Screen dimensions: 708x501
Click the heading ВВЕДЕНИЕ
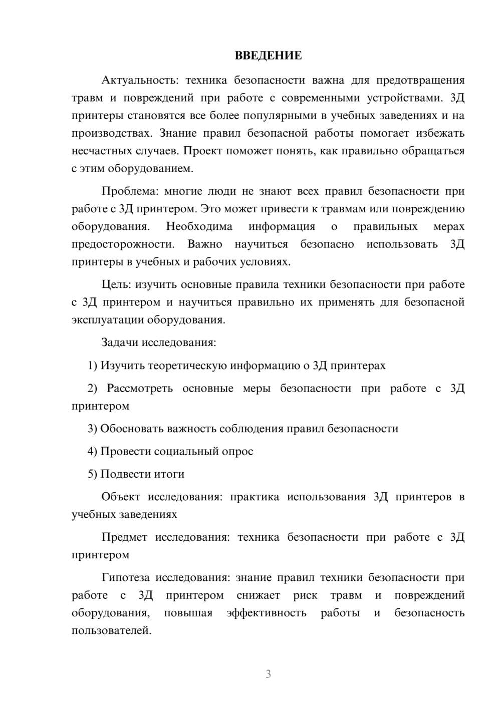[x=268, y=56]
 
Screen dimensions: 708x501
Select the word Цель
[x=116, y=284]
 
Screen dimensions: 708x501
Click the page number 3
[x=268, y=674]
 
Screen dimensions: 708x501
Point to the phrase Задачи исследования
[x=158, y=342]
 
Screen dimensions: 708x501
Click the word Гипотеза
[x=125, y=577]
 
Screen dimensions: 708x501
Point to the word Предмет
[x=124, y=537]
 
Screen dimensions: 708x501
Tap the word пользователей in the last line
[x=111, y=630]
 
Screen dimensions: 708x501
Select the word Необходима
[x=199, y=226]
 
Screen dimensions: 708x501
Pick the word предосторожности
[x=123, y=244]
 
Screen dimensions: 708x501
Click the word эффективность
[x=266, y=613]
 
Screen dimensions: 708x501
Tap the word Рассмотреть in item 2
[x=140, y=389]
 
